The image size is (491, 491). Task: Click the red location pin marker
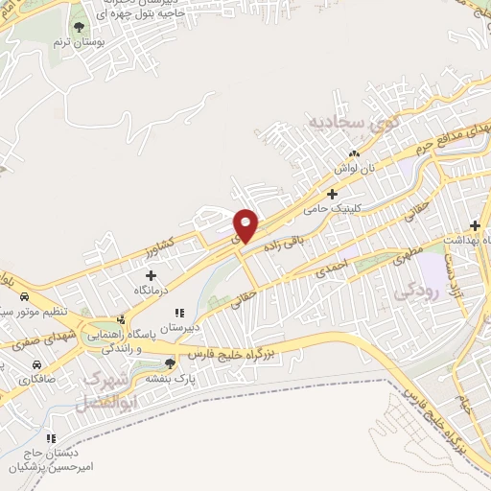(246, 225)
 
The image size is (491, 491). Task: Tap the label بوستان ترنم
(78, 43)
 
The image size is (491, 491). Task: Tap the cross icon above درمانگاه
(150, 275)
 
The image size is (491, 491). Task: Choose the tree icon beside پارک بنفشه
(170, 362)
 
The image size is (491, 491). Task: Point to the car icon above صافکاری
(37, 365)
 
